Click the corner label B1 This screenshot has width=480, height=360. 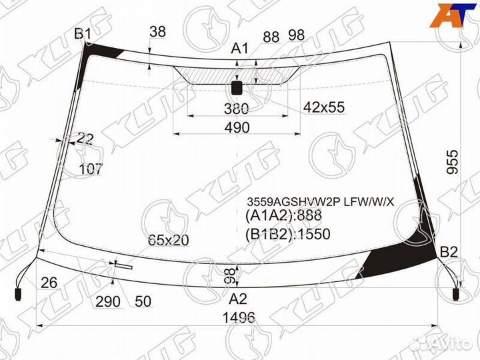(83, 33)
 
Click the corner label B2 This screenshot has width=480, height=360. (449, 251)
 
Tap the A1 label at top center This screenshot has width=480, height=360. (239, 48)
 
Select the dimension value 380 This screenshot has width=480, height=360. (236, 108)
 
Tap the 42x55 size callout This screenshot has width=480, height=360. (324, 107)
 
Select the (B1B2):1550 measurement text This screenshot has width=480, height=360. (287, 234)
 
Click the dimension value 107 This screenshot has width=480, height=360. (91, 169)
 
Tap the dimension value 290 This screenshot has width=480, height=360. (107, 301)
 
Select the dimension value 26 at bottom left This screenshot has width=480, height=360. (47, 283)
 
